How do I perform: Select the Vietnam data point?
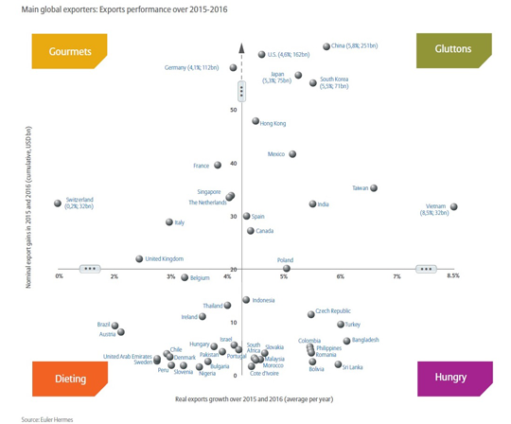coord(454,206)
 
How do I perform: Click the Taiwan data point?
coord(374,188)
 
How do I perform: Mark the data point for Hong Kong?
coord(255,121)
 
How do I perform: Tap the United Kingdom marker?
coord(139,258)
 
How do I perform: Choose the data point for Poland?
coord(286,268)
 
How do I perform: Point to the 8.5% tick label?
coord(452,276)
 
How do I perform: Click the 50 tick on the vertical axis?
coord(234,111)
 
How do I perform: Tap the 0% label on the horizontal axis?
coord(59,276)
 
